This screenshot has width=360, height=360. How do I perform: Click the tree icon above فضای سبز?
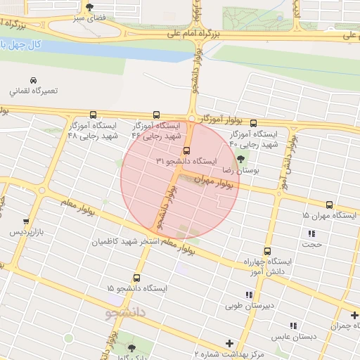pyautogui.click(x=88, y=7)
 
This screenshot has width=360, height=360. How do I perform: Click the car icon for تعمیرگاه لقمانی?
pyautogui.click(x=34, y=80)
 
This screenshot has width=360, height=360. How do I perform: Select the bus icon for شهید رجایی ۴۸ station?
pyautogui.click(x=93, y=115)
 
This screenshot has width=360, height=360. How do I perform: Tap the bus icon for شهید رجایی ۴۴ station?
pyautogui.click(x=156, y=115)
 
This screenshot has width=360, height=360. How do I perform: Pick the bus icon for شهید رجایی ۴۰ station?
pyautogui.click(x=253, y=122)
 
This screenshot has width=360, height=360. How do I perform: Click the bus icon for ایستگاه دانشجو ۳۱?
pyautogui.click(x=186, y=150)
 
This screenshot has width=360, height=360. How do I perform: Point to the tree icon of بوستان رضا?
pyautogui.click(x=242, y=159)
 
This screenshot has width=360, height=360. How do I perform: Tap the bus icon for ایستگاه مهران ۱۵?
pyautogui.click(x=329, y=205)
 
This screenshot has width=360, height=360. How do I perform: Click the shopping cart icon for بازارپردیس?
pyautogui.click(x=26, y=221)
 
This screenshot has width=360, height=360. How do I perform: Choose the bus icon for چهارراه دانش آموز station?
pyautogui.click(x=266, y=251)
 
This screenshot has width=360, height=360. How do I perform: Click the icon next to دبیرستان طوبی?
pyautogui.click(x=247, y=295)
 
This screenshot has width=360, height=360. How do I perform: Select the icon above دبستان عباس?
pyautogui.click(x=293, y=326)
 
